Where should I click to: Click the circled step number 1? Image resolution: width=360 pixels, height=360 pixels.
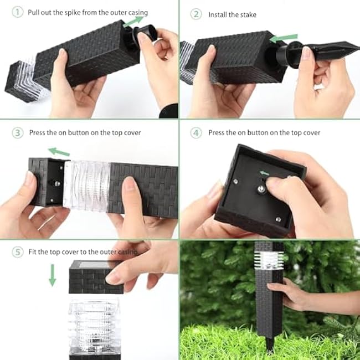coord(18,12)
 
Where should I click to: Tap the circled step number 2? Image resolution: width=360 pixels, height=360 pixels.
coord(196,14)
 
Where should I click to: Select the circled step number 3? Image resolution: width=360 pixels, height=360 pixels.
coord(18,133)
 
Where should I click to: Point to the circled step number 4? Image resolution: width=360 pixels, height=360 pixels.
coord(196,133)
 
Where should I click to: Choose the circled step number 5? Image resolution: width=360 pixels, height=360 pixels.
coord(18,252)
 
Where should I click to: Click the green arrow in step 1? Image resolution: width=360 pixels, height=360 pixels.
coord(132,21)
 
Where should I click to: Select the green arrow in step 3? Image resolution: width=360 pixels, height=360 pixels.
coord(59,151)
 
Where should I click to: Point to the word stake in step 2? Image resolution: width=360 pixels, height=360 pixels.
coord(248,14)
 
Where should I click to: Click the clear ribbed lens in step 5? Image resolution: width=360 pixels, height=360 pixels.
coord(95,323)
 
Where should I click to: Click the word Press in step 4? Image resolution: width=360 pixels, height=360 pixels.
coord(218,133)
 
